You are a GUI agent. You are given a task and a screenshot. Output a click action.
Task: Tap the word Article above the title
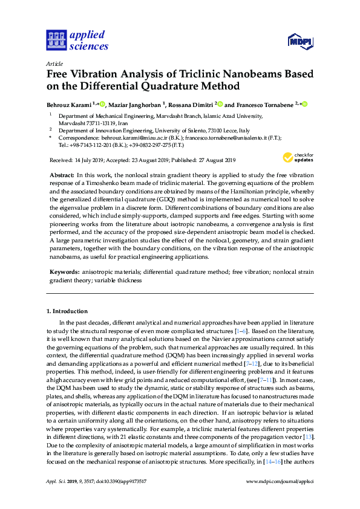click(x=54, y=63)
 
